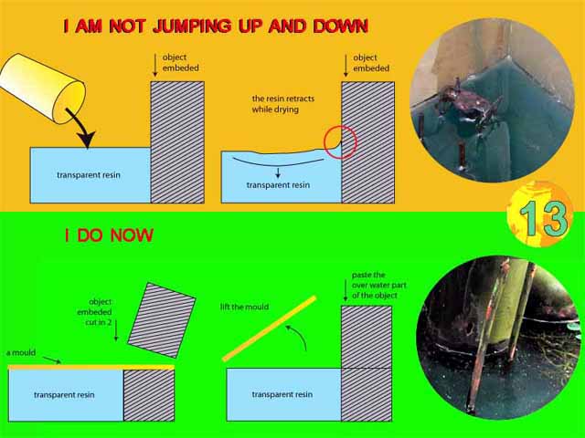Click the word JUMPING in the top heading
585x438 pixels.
192,26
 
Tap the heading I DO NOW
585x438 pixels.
109,235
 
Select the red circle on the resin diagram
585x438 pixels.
340,142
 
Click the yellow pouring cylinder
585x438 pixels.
42,89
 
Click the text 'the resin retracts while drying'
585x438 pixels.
283,104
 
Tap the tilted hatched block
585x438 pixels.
162,320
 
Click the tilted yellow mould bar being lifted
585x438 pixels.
270,328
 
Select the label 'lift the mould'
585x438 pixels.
244,307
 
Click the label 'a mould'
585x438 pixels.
21,352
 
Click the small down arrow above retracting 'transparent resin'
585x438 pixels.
278,172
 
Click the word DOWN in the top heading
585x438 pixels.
341,26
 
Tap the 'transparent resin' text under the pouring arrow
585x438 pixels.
89,175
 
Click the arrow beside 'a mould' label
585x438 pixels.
52,360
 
